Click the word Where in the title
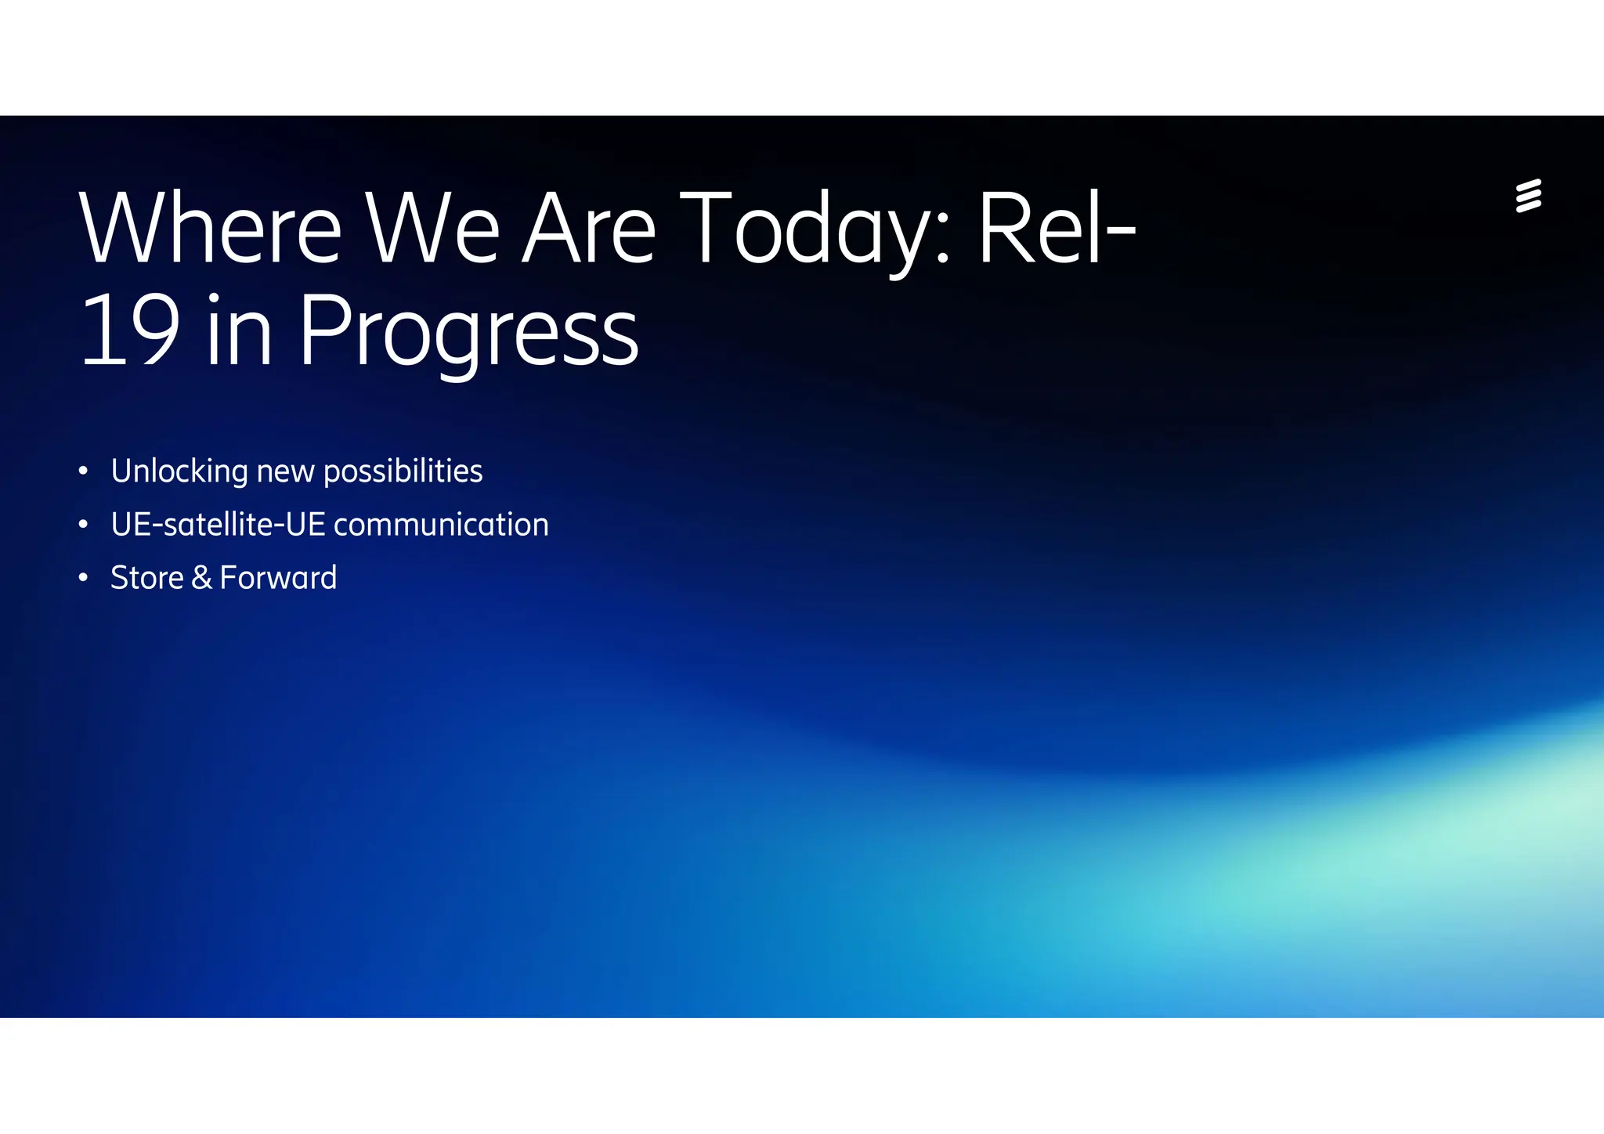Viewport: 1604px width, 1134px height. pos(210,229)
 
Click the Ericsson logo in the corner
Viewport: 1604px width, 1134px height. pos(1528,196)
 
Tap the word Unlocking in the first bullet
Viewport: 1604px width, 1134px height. pos(179,471)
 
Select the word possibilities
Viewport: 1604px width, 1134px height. pos(403,471)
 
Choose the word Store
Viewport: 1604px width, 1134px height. pos(147,578)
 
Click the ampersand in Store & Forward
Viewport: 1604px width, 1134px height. pos(201,578)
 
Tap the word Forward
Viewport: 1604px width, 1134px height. pos(278,578)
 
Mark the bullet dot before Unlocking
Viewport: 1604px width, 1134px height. pos(83,471)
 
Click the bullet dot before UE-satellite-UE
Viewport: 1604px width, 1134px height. pos(83,525)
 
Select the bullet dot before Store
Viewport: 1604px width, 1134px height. pos(83,578)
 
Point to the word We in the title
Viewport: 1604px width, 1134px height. pos(432,229)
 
